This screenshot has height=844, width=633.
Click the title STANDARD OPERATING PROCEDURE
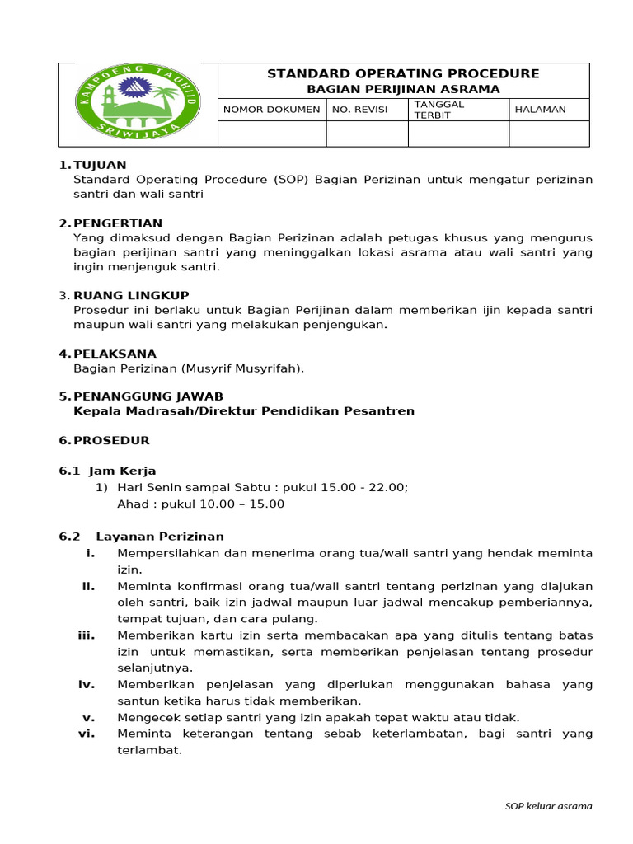tap(403, 74)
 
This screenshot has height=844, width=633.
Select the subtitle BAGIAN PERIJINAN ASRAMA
tap(403, 89)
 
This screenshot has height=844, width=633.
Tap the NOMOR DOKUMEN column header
tap(271, 110)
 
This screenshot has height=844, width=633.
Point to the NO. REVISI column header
tap(359, 110)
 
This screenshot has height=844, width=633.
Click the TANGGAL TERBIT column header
tap(439, 110)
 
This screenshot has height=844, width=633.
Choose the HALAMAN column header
tap(540, 110)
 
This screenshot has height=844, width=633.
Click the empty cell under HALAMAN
tap(548, 134)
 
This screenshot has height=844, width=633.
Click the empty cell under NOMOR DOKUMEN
tap(271, 134)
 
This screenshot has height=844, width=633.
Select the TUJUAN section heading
tap(100, 165)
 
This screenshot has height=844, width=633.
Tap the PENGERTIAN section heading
tap(117, 223)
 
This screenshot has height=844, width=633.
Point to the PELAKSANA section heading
tap(115, 354)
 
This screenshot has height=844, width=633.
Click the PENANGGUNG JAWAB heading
tap(148, 396)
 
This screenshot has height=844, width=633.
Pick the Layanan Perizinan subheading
tap(160, 537)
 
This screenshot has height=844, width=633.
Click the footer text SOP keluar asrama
tap(548, 806)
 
